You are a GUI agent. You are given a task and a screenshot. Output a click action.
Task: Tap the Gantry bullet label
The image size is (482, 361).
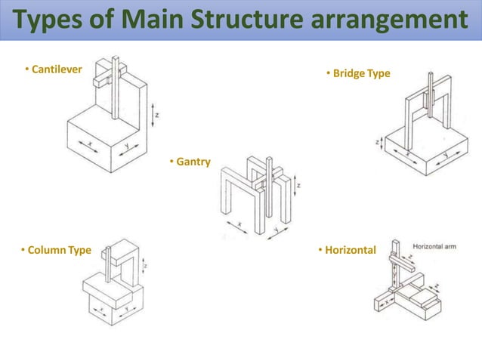(193, 162)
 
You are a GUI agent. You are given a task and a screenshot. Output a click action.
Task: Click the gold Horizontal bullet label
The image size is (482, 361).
(350, 250)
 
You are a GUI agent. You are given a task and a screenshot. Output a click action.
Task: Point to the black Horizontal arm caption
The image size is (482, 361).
(438, 246)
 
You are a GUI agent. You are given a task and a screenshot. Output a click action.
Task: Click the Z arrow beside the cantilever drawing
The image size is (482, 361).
(155, 114)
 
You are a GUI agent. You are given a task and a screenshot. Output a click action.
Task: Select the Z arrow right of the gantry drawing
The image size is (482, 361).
(300, 184)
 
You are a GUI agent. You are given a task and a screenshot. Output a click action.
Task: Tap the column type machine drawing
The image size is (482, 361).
(113, 283)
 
